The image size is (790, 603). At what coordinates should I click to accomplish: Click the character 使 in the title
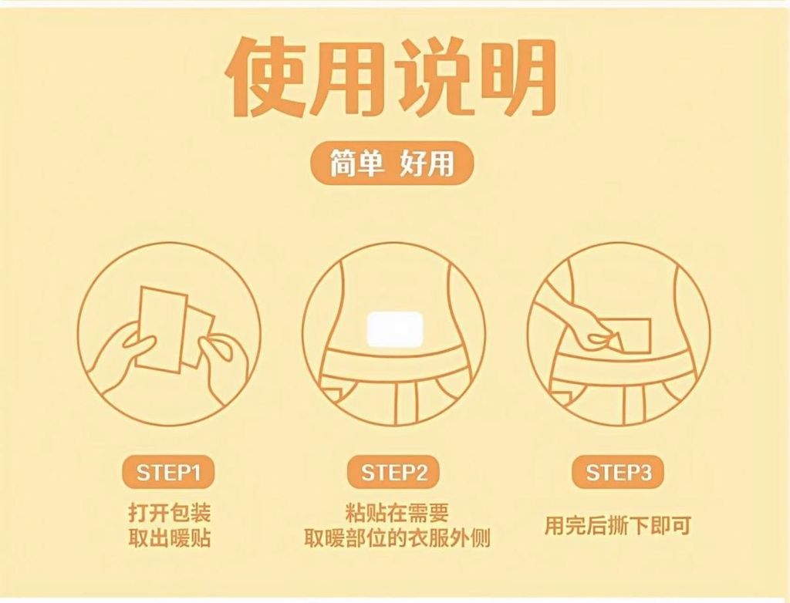(x=266, y=76)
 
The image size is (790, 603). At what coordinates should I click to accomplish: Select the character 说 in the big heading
(x=433, y=76)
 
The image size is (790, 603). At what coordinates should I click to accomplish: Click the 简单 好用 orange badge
(x=391, y=163)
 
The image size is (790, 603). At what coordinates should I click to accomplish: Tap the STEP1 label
(x=168, y=473)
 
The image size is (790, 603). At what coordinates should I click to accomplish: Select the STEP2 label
(x=393, y=473)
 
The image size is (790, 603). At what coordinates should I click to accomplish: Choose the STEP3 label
(x=618, y=473)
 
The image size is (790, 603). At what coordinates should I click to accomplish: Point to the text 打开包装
(x=169, y=513)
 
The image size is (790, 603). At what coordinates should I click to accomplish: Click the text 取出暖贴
(x=169, y=538)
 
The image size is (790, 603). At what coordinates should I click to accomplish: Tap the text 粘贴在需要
(x=397, y=513)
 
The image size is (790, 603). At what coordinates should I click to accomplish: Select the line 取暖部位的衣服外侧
(x=397, y=538)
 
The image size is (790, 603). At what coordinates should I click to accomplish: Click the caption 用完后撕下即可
(x=617, y=525)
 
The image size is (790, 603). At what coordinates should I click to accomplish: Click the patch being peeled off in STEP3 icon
(x=633, y=335)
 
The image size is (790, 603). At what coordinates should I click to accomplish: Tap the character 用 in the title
(x=349, y=76)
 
